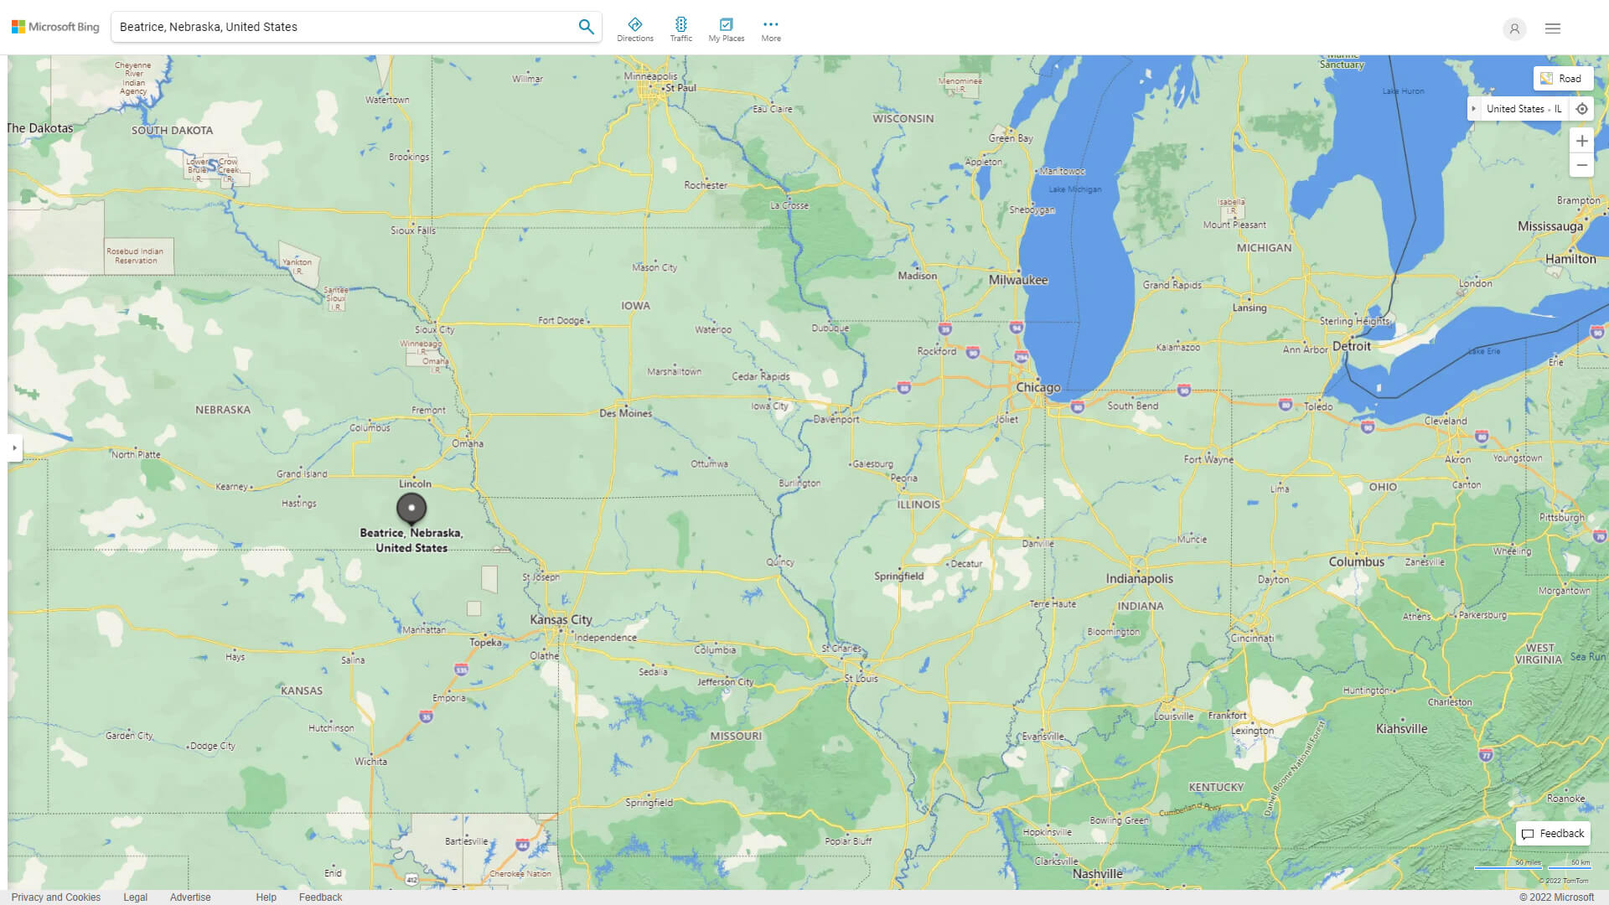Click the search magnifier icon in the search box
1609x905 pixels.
[x=586, y=27]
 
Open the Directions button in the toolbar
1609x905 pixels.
[x=634, y=29]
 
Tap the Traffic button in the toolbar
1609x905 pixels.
[x=680, y=29]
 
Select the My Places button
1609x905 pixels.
[x=726, y=29]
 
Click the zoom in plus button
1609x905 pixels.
[x=1581, y=141]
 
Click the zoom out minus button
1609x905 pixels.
[x=1581, y=165]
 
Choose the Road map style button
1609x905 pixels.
[x=1562, y=79]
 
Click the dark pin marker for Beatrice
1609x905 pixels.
[x=411, y=508]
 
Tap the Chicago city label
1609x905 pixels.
[x=1037, y=388]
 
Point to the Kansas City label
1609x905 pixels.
[x=561, y=620]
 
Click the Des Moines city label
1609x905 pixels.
[x=625, y=413]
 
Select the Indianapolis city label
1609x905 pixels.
[x=1139, y=579]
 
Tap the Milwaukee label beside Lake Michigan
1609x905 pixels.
[x=1018, y=281]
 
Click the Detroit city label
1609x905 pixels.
[x=1351, y=346]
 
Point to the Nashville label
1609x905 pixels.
[x=1097, y=874]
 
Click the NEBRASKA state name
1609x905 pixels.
[x=223, y=410]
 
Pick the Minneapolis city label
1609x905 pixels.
[x=650, y=76]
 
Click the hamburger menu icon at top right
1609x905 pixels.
[x=1552, y=28]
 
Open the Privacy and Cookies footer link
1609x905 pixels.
[x=56, y=897]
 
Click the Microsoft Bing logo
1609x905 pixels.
[x=55, y=27]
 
